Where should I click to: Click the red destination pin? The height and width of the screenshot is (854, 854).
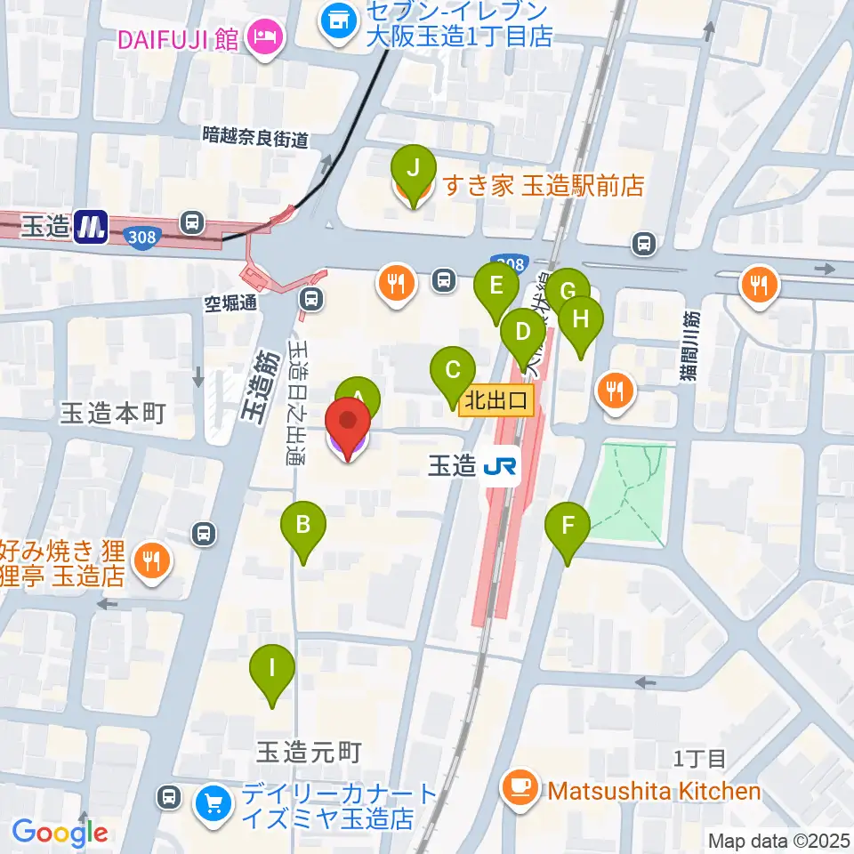click(350, 428)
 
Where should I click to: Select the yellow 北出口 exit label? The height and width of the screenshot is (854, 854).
click(496, 400)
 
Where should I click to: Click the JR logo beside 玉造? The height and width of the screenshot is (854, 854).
click(502, 467)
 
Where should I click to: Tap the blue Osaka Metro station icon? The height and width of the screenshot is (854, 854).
click(91, 226)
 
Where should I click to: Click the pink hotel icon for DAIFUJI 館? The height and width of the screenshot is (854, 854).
click(264, 37)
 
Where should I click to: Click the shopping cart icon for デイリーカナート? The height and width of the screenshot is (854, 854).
click(213, 803)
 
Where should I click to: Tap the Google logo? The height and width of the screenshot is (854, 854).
click(60, 834)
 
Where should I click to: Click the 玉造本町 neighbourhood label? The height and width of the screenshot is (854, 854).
click(113, 414)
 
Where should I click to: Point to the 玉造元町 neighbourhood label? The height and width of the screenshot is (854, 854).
click(309, 753)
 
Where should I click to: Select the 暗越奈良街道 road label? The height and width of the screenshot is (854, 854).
click(255, 138)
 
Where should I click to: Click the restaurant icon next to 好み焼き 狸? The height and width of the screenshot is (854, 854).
click(152, 560)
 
